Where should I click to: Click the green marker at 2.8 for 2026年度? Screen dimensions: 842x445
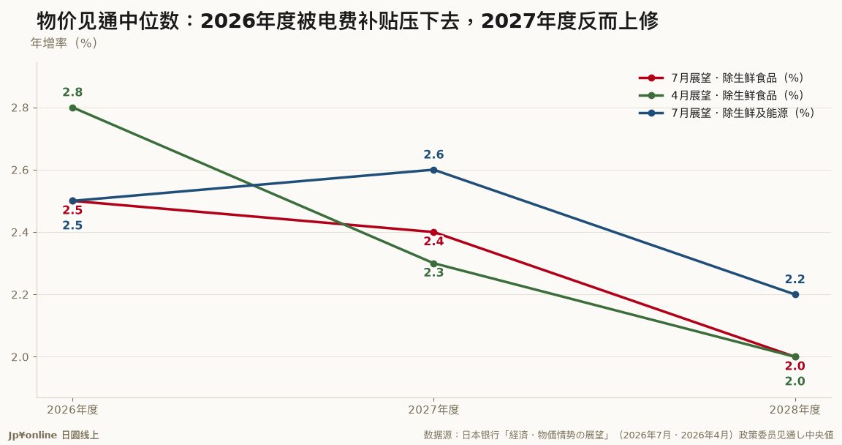pos(72,108)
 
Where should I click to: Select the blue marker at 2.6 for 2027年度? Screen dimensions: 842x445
pos(434,171)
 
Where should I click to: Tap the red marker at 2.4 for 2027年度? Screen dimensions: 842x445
pos(434,232)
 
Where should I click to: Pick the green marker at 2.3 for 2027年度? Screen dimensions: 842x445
pos(434,263)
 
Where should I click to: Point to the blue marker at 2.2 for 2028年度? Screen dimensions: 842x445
pos(795,294)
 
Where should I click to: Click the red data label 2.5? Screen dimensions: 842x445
pos(72,210)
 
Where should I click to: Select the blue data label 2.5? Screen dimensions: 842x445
pos(72,225)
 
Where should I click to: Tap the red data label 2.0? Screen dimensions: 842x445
pos(794,366)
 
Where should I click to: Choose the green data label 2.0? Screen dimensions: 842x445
pos(794,381)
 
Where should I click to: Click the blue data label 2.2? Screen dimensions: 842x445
pos(794,280)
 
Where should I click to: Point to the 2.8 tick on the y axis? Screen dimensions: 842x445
pos(20,108)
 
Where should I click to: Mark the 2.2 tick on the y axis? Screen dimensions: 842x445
pos(20,294)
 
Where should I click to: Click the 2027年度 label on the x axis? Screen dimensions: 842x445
pos(434,410)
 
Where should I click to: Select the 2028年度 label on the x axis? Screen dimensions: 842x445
pos(794,410)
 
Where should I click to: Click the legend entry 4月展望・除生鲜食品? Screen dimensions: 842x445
pos(737,96)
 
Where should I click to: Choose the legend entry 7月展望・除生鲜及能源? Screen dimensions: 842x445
pos(743,113)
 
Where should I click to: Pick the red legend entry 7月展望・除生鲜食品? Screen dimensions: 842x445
pos(737,78)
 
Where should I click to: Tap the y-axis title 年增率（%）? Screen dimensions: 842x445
pos(64,43)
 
